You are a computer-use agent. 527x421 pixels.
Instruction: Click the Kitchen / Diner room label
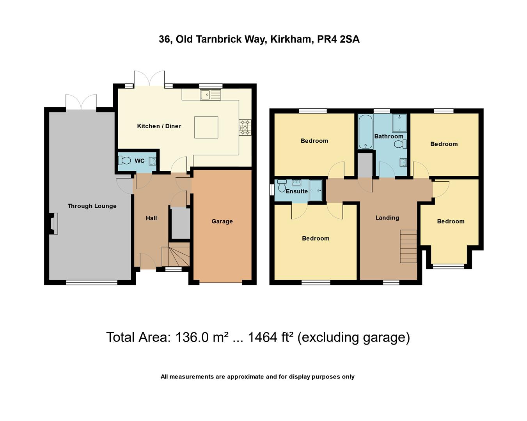pos(159,126)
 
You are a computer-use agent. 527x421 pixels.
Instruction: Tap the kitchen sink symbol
pos(210,95)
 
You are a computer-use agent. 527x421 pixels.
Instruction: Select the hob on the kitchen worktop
pos(245,127)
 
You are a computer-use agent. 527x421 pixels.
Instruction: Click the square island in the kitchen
pos(206,127)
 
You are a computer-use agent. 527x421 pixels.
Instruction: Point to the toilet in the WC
pos(125,161)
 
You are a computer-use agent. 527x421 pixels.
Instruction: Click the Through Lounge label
pos(92,206)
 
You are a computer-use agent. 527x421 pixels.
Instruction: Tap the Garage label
pos(222,221)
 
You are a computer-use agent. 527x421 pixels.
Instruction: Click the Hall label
pos(151,218)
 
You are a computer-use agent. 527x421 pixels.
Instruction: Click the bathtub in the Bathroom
pos(366,132)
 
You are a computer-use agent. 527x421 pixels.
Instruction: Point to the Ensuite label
pos(296,191)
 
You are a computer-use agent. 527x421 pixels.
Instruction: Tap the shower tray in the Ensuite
pos(316,190)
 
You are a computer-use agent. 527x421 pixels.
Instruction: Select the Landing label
pos(387,218)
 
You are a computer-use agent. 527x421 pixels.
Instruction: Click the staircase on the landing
pos(408,246)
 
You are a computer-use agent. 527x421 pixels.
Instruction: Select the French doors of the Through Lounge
pos(81,103)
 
